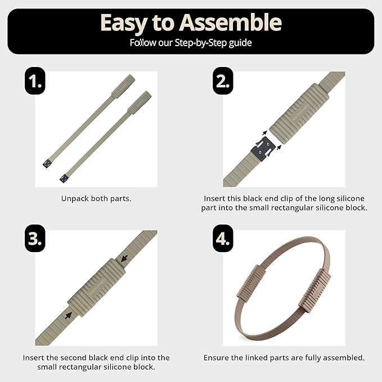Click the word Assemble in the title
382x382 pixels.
click(230, 23)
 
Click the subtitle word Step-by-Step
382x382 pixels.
click(201, 43)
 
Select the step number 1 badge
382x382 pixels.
click(35, 81)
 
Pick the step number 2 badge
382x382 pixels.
click(223, 81)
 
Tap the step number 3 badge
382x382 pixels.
click(35, 239)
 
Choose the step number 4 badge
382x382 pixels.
click(223, 239)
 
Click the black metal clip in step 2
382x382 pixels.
click(263, 149)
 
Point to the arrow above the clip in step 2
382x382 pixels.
click(264, 133)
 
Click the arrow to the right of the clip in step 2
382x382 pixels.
click(279, 147)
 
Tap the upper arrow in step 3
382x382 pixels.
click(124, 258)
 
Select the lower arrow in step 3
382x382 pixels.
click(69, 315)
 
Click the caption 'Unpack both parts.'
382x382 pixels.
click(96, 199)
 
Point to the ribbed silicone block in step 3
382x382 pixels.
click(96, 287)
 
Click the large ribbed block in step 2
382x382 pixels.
click(299, 114)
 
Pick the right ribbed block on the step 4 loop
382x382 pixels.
click(314, 290)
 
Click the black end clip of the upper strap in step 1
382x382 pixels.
click(47, 164)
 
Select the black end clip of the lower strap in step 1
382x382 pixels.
click(64, 178)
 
